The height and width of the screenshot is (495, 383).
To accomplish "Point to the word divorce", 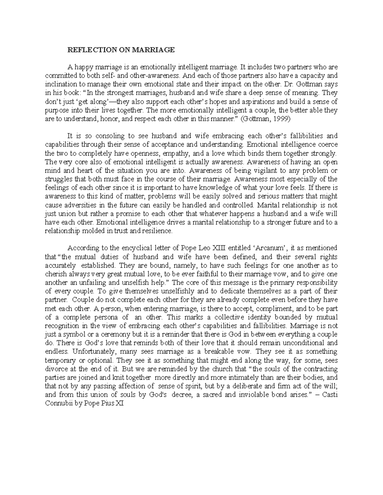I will click(56, 369).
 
